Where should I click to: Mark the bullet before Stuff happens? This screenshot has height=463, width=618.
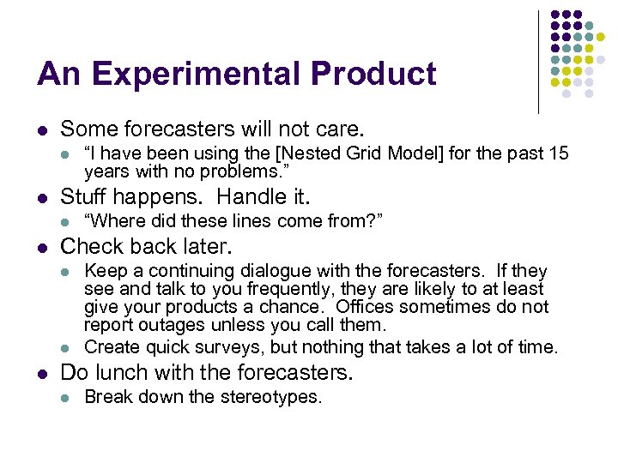pyautogui.click(x=41, y=198)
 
